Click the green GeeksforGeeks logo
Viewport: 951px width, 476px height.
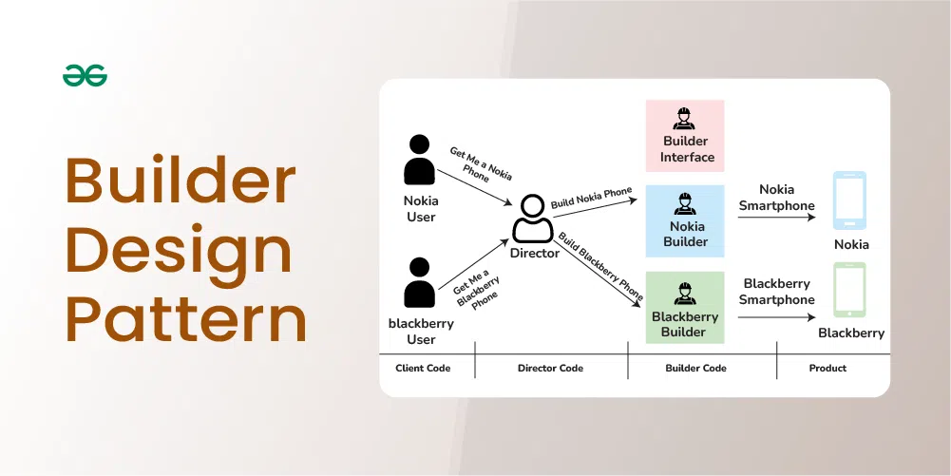pyautogui.click(x=85, y=76)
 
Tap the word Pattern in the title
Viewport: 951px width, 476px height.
pyautogui.click(x=186, y=320)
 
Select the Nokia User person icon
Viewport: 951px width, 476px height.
pyautogui.click(x=420, y=160)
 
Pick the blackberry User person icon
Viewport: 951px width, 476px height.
pyautogui.click(x=420, y=282)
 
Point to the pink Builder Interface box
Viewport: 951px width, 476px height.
pyautogui.click(x=684, y=136)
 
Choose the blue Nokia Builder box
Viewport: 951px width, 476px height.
pyautogui.click(x=684, y=221)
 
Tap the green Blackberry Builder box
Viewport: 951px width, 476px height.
pyautogui.click(x=684, y=308)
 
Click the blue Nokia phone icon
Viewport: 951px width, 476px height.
pyautogui.click(x=849, y=200)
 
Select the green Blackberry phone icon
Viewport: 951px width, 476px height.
pyautogui.click(x=849, y=291)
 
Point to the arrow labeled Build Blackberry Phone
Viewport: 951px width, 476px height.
pyautogui.click(x=599, y=270)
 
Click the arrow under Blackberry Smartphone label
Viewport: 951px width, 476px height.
pyautogui.click(x=776, y=318)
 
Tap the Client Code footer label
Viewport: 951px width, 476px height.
pyautogui.click(x=423, y=368)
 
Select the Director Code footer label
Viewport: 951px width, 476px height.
pyautogui.click(x=550, y=368)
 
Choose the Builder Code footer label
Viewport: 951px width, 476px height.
pyautogui.click(x=702, y=368)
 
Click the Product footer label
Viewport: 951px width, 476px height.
pyautogui.click(x=827, y=368)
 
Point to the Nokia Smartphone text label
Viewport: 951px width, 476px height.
pyautogui.click(x=776, y=198)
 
